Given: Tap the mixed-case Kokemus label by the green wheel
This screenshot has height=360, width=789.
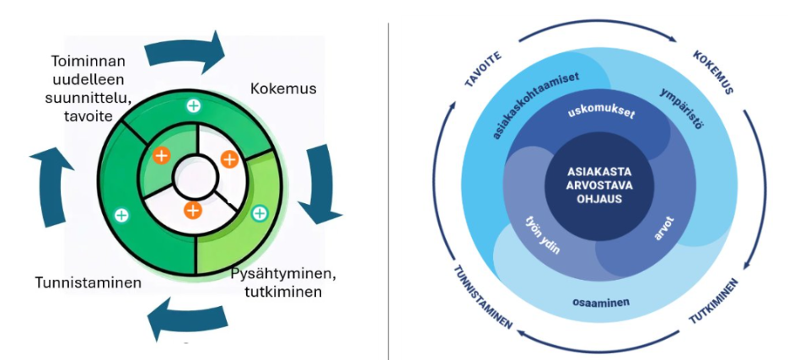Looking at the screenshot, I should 277,89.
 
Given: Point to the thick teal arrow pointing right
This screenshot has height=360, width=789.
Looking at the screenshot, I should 186,52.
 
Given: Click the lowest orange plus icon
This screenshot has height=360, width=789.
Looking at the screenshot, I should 193,210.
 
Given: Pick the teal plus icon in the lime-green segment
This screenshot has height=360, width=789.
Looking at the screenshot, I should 260,213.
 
